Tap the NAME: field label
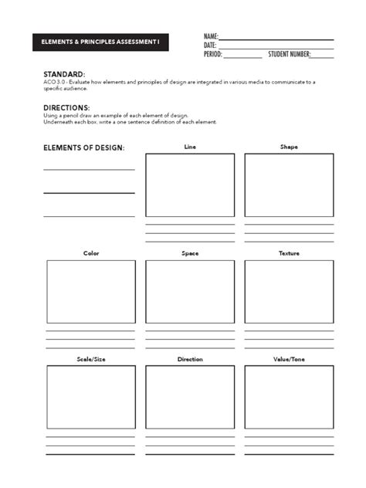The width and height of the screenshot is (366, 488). click(211, 36)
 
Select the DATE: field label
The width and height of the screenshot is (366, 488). click(210, 46)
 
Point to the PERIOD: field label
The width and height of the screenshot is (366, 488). click(213, 55)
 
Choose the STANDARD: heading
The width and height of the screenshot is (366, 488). click(64, 74)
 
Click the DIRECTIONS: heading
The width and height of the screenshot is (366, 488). click(66, 107)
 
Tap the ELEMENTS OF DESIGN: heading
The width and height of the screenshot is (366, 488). click(83, 147)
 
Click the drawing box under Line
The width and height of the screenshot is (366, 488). click(190, 185)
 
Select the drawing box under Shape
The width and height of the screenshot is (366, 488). click(289, 185)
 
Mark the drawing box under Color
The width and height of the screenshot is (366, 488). click(91, 291)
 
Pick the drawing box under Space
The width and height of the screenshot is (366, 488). click(190, 291)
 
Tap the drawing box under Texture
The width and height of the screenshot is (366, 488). click(289, 291)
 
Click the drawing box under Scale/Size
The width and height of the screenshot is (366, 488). click(91, 397)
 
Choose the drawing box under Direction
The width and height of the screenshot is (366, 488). click(190, 397)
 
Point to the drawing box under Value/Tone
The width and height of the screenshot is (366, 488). click(289, 397)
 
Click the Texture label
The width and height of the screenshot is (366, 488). click(289, 253)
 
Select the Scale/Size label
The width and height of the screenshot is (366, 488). click(91, 359)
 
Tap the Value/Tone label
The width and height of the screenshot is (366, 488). click(289, 359)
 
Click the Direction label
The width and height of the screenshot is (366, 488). click(190, 359)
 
